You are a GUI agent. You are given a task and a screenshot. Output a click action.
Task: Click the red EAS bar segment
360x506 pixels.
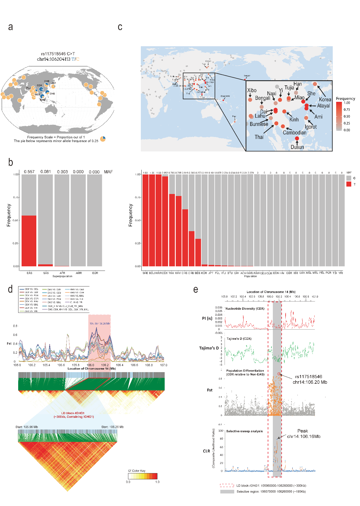pos(29,241)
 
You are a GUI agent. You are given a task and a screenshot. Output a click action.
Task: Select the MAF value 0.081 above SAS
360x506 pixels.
pos(45,172)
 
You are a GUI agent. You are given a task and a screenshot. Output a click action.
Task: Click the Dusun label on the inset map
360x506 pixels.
pos(297,147)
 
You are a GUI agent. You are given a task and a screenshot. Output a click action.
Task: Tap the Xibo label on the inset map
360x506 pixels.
pos(252,90)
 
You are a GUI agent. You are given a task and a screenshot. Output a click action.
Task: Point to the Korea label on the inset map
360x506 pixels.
pos(325,100)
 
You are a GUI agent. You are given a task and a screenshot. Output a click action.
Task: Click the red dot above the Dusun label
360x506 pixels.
pos(297,138)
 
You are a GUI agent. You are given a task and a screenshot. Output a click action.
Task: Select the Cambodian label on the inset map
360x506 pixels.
pos(294,132)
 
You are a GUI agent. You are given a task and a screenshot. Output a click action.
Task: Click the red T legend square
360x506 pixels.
pos(349,184)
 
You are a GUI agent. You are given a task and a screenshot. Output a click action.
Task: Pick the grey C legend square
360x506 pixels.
pos(349,178)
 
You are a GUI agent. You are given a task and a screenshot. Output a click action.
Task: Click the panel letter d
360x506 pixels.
pos(10,289)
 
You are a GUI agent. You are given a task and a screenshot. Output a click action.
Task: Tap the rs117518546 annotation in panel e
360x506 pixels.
pos(309,377)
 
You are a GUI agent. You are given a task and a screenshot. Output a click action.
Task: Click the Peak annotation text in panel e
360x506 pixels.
pos(303,431)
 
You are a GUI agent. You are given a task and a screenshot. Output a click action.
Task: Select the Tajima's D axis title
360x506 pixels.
pos(209,348)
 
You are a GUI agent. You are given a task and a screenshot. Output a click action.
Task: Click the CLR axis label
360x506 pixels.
pos(206,451)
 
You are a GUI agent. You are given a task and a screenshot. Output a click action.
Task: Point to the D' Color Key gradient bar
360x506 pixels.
pos(143,476)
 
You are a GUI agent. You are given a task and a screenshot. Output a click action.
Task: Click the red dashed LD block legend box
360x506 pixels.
pos(227,485)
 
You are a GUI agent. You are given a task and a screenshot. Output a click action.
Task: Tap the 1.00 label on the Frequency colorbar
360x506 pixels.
pos(347,103)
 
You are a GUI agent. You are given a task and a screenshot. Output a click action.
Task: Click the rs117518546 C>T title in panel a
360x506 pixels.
pos(58,54)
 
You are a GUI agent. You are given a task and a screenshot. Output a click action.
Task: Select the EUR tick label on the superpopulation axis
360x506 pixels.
pos(95,273)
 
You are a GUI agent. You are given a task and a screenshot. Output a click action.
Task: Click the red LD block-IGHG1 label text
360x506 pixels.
pos(73,413)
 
